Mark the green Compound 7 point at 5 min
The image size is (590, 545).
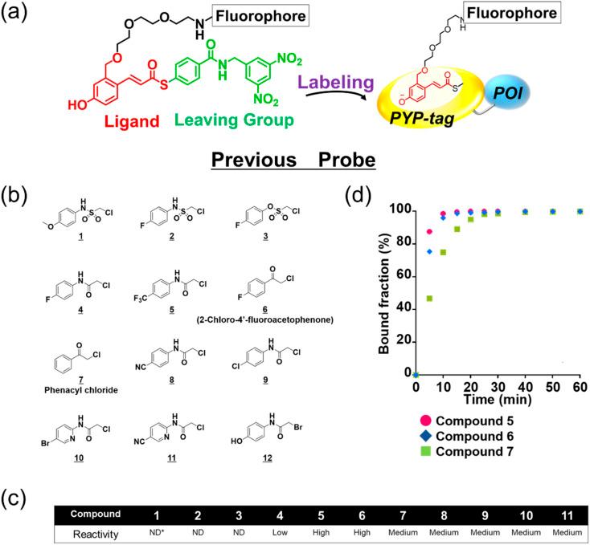(429, 299)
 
